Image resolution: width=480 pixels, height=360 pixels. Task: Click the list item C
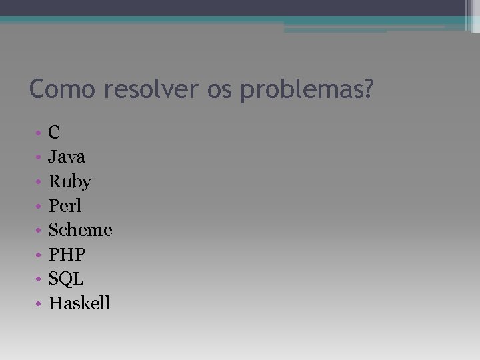pyautogui.click(x=55, y=133)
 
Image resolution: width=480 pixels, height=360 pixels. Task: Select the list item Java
pyautogui.click(x=67, y=157)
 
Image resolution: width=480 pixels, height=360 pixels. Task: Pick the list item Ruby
pyautogui.click(x=69, y=182)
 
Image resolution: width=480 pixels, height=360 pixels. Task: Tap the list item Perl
pyautogui.click(x=65, y=206)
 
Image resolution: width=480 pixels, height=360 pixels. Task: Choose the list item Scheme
pyautogui.click(x=80, y=230)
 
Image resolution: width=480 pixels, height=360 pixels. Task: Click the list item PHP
pyautogui.click(x=67, y=255)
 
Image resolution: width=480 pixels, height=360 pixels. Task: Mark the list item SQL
pyautogui.click(x=66, y=279)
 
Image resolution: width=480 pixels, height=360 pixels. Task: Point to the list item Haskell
pyautogui.click(x=79, y=303)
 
